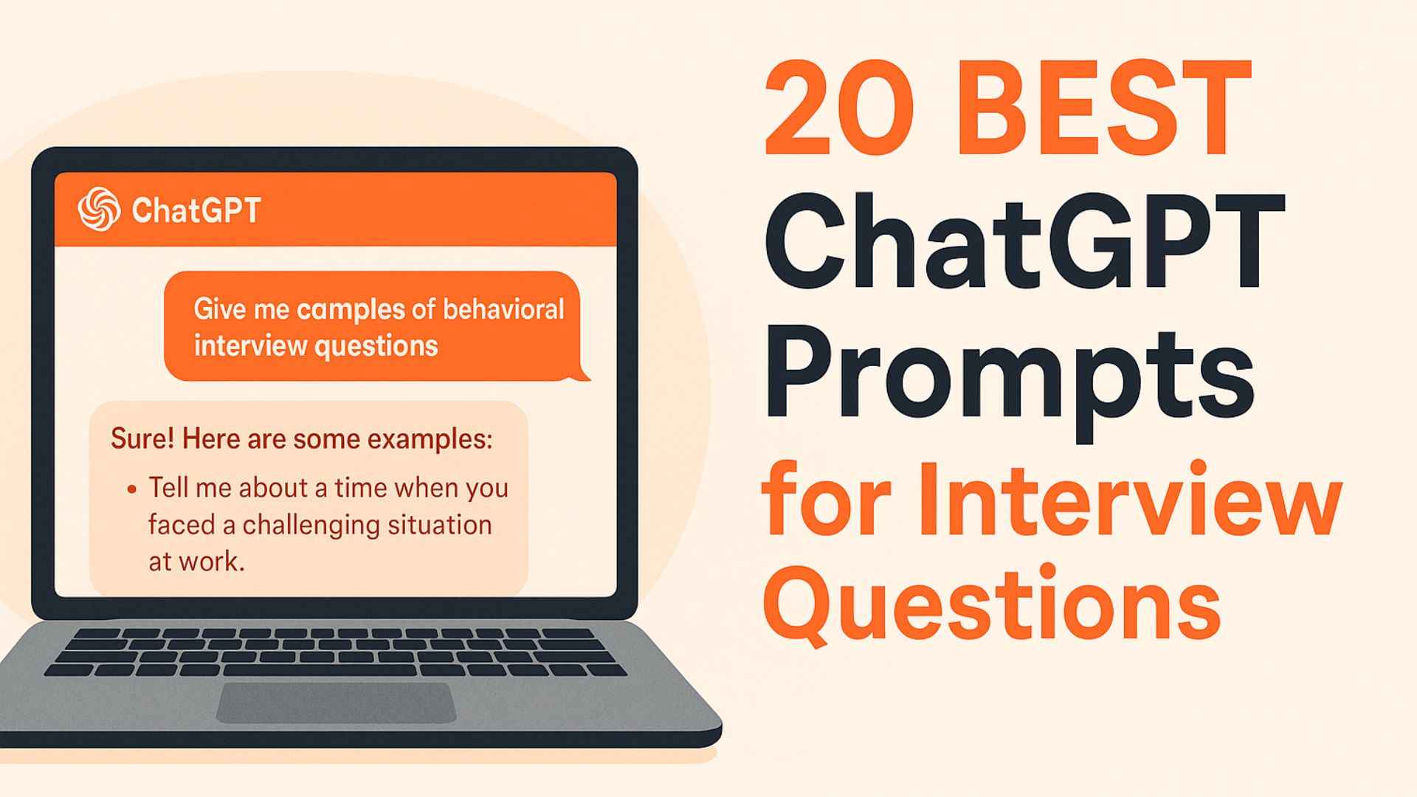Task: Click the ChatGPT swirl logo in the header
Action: point(99,210)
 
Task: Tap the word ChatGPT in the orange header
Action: point(196,210)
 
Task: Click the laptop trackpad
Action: point(336,703)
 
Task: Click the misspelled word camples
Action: point(351,309)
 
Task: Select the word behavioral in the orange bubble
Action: point(503,309)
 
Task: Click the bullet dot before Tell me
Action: point(132,489)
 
